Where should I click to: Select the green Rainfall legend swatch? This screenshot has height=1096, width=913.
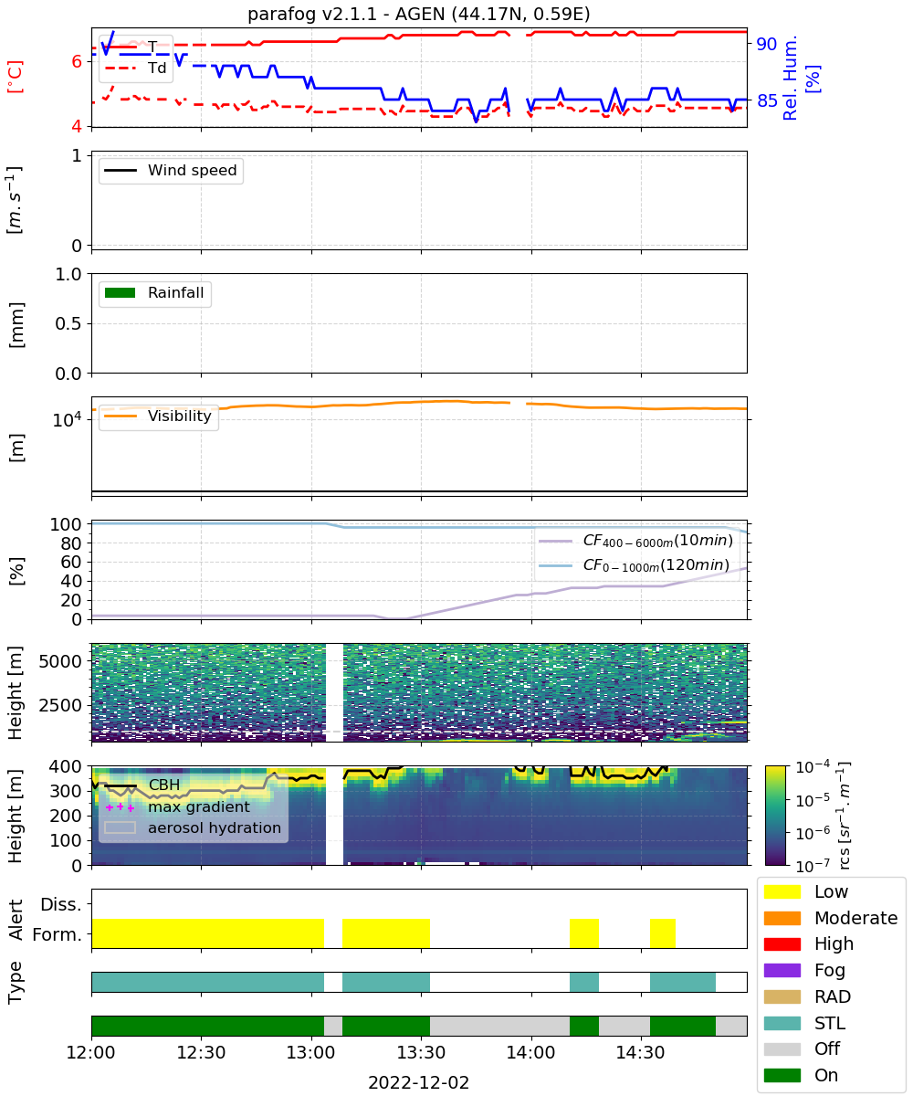121,293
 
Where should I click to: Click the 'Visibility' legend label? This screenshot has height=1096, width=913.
180,416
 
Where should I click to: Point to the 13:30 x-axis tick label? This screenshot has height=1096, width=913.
421,1052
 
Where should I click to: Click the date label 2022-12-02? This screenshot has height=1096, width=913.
419,1082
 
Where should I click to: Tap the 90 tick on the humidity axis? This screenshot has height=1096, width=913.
767,44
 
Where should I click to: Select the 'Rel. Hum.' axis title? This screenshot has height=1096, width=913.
790,79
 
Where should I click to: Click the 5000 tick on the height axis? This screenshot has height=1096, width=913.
60,661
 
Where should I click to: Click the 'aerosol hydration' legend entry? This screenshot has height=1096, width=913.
193,827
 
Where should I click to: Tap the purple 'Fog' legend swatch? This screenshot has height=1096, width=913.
782,970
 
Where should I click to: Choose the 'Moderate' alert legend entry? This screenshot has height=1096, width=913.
831,918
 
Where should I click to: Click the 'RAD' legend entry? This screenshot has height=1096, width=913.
807,996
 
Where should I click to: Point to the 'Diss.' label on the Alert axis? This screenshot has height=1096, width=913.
61,904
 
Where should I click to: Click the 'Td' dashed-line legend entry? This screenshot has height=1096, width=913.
136,68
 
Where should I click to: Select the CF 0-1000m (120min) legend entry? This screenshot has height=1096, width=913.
635,565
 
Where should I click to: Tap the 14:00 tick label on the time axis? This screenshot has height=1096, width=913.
531,1052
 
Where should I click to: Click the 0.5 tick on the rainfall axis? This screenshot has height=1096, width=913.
68,324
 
